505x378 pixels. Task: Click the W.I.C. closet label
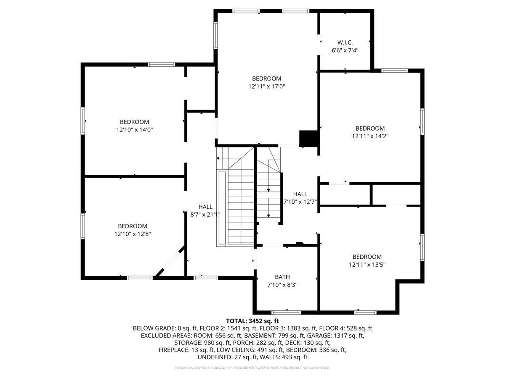pyautogui.click(x=345, y=42)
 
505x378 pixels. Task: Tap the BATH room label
pyautogui.click(x=282, y=277)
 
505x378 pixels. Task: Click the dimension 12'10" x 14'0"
pyautogui.click(x=134, y=130)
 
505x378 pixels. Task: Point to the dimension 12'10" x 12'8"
pyautogui.click(x=132, y=234)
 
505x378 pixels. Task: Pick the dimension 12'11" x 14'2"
pyautogui.click(x=370, y=136)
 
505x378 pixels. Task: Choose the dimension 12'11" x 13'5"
pyautogui.click(x=367, y=265)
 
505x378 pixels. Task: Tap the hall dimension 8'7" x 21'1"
pyautogui.click(x=205, y=214)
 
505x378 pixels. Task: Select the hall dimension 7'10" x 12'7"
pyautogui.click(x=300, y=202)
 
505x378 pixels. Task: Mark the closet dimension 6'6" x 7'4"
pyautogui.click(x=345, y=50)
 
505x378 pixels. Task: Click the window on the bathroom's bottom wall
pyautogui.click(x=286, y=312)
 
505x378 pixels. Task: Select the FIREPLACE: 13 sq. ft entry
pyautogui.click(x=186, y=350)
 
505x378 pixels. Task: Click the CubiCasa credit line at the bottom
pyautogui.click(x=252, y=367)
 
